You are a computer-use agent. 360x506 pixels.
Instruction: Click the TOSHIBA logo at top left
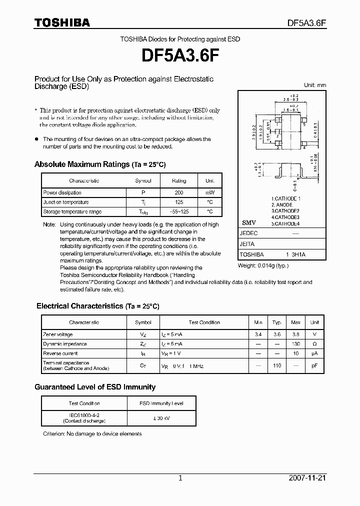62,22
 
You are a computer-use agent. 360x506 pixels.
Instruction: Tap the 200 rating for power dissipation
178,192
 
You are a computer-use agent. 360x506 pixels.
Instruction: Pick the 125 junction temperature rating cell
178,202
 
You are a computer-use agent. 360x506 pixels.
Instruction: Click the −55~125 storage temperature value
178,211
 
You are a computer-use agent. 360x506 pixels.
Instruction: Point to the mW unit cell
209,192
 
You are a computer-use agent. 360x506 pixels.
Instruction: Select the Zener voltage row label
58,334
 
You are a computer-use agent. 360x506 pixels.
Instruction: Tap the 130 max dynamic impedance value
296,344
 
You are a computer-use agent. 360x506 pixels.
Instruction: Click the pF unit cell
314,365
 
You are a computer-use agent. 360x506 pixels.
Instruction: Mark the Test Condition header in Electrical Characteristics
204,322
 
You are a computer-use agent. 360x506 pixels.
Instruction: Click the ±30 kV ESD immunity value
161,418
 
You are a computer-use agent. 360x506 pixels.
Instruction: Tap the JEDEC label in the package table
249,233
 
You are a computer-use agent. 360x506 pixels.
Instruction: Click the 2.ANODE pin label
282,205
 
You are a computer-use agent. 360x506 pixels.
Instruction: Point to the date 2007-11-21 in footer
307,478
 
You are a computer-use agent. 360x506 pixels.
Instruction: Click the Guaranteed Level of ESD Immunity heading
95,387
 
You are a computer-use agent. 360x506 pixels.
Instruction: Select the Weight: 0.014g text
263,265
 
